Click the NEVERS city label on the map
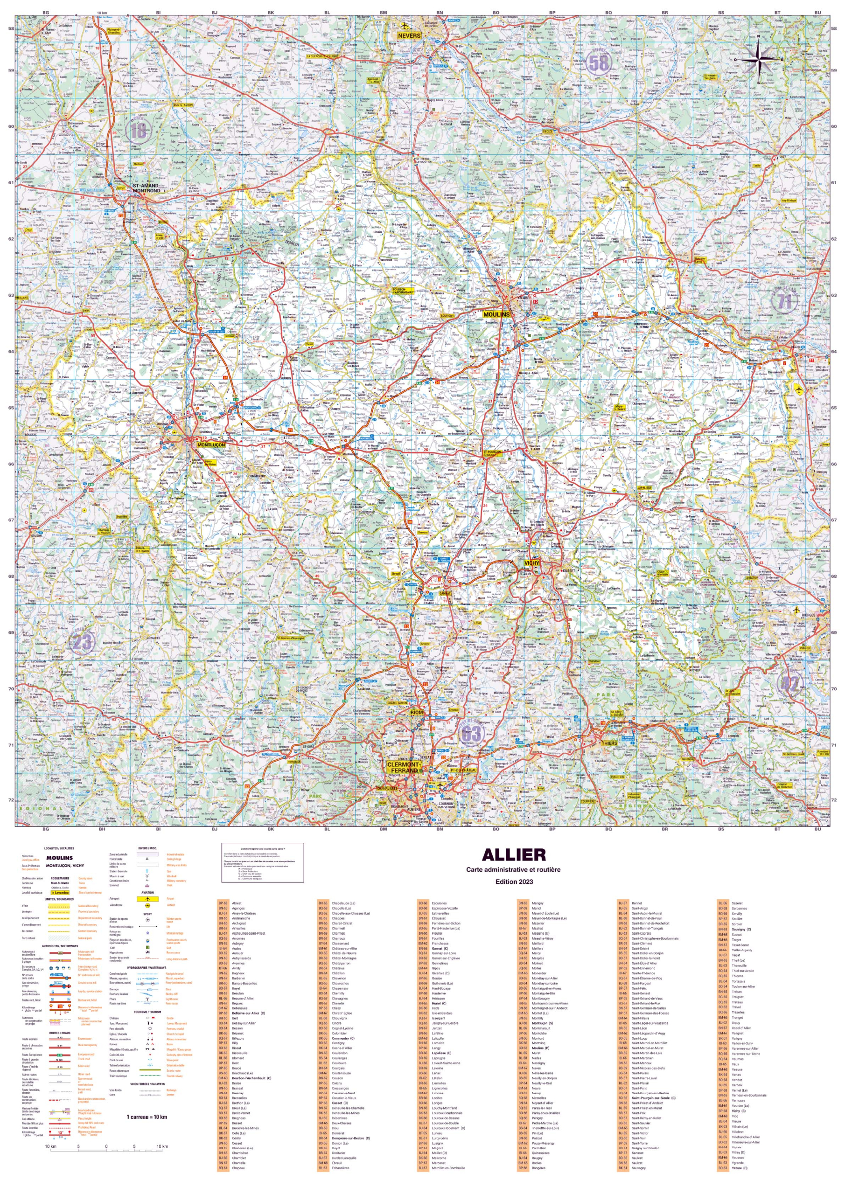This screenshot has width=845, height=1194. coord(409,36)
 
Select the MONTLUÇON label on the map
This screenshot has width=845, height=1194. coord(211,445)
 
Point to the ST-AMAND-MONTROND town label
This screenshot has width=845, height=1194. coord(146,188)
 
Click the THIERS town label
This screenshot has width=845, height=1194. coord(609,743)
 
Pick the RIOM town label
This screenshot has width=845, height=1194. coord(417,713)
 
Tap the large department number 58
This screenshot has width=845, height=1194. coord(598,63)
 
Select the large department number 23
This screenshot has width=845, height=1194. coord(82,641)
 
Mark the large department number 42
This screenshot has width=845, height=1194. coord(789,683)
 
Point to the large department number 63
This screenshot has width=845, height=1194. coord(472,734)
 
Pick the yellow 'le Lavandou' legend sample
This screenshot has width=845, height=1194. coord(60,892)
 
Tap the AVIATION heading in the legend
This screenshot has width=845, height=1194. coord(148,892)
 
